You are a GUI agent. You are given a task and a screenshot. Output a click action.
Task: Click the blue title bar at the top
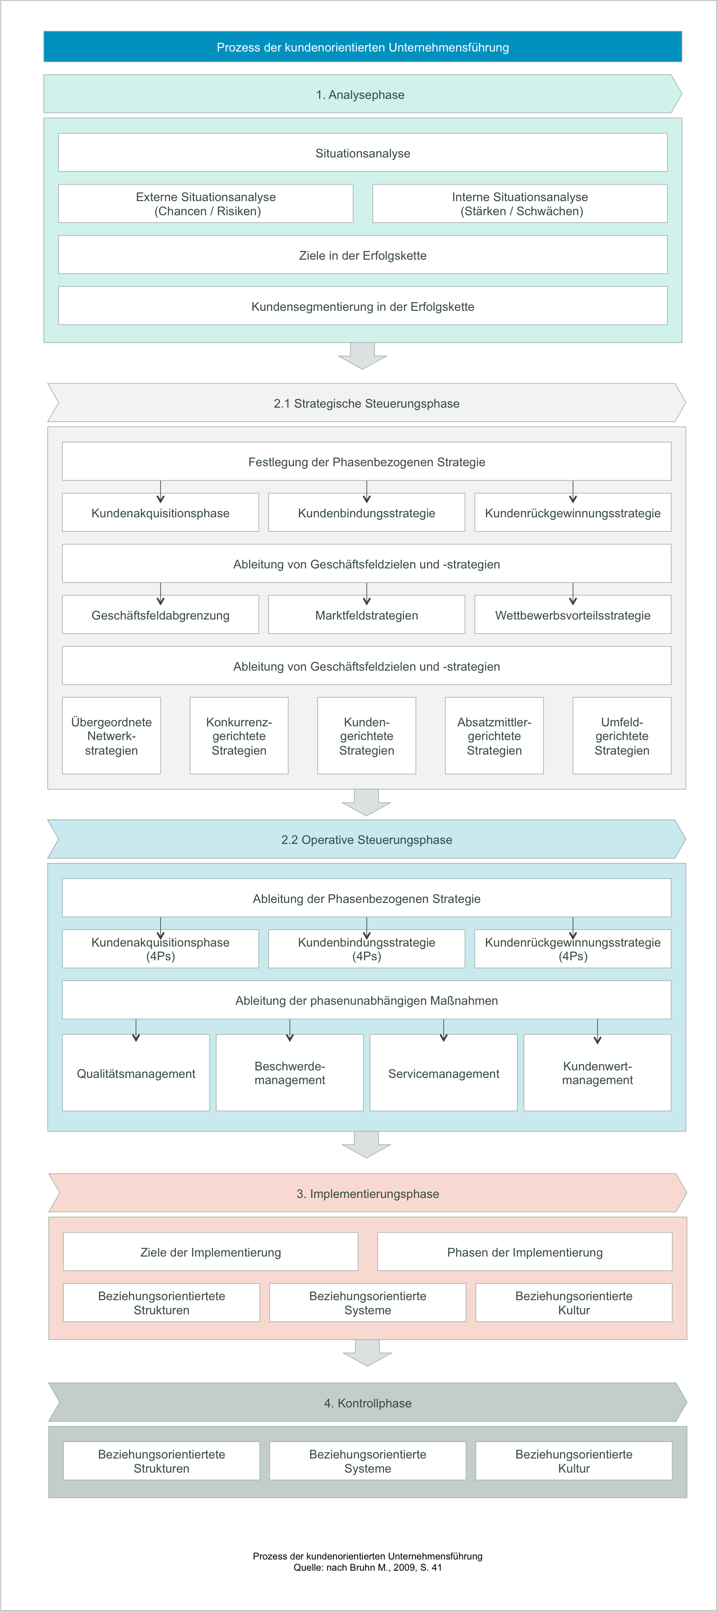(363, 47)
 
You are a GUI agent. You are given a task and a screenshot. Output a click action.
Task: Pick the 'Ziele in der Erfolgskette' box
(363, 255)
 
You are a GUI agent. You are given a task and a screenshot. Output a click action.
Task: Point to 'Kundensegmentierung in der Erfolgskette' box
(363, 306)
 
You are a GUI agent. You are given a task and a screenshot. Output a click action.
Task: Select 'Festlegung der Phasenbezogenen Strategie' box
(367, 462)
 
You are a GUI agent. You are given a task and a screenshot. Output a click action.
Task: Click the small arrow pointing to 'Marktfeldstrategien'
(367, 593)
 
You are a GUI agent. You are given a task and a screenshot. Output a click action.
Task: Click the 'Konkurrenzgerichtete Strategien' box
(239, 736)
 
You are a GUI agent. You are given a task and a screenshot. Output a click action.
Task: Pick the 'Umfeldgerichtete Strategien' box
(622, 736)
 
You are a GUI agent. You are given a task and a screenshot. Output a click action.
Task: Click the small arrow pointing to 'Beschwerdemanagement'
(290, 1031)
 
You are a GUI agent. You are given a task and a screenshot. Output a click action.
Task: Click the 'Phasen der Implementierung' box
(525, 1252)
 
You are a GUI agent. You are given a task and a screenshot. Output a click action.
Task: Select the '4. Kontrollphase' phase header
(368, 1403)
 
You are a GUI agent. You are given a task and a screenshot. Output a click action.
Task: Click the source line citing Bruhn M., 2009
(368, 1568)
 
